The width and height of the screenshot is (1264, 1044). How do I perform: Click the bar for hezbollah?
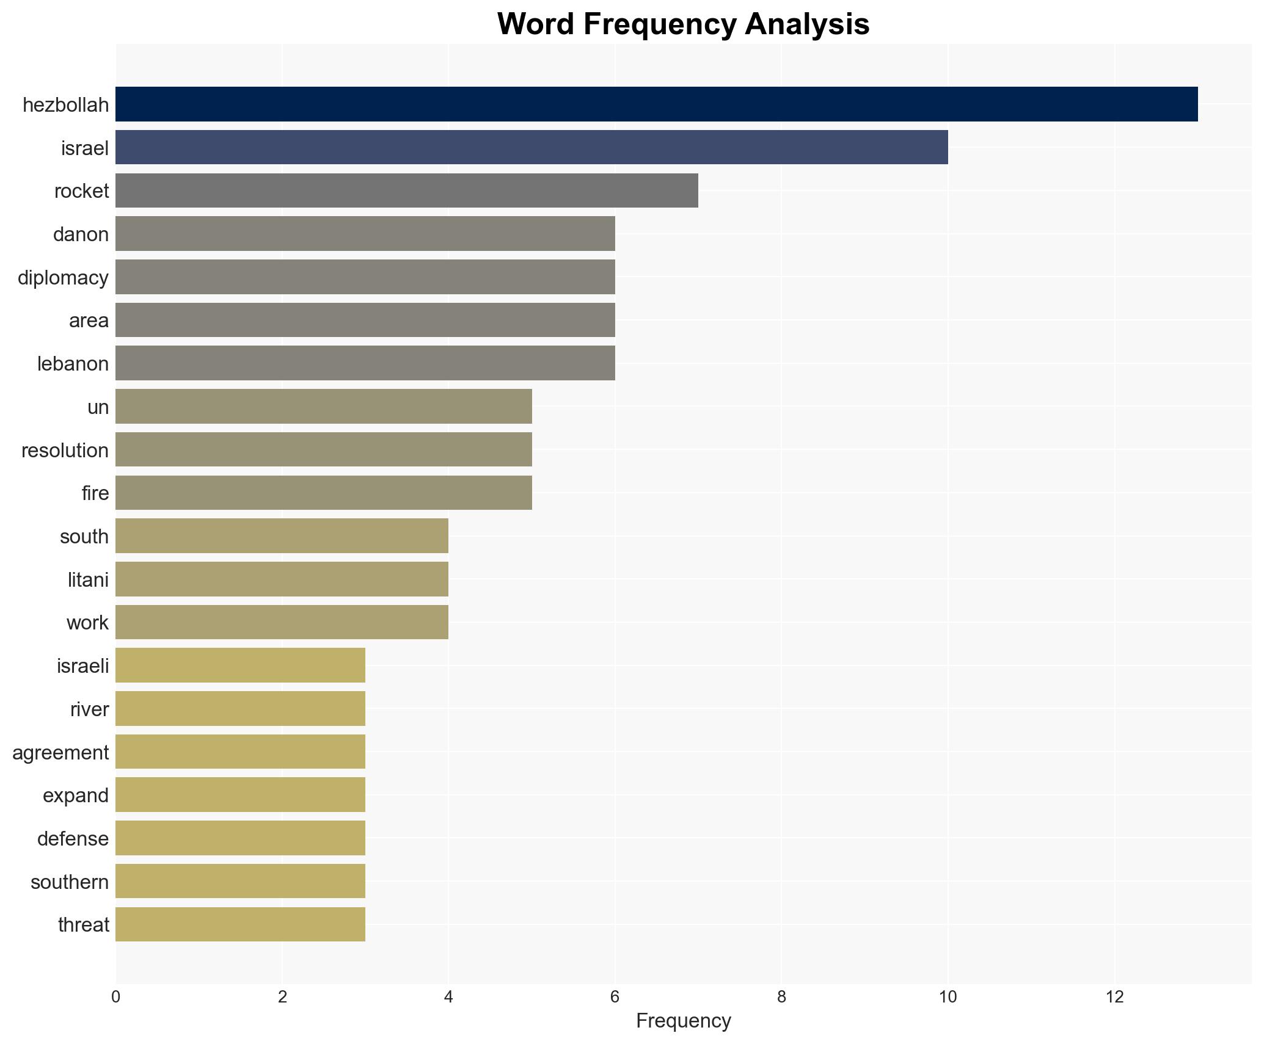coord(656,104)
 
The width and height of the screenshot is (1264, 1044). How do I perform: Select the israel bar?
coord(532,147)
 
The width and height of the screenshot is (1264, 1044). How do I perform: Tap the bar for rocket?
coord(406,190)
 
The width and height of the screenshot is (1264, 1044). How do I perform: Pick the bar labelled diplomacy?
coord(365,277)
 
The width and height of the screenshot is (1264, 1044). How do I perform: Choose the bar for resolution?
coord(323,450)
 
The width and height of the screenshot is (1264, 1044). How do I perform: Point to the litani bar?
coord(282,579)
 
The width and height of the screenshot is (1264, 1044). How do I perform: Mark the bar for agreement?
coord(240,752)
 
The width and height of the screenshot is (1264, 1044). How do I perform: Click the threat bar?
coord(240,925)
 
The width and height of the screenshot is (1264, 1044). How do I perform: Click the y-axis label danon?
coord(81,234)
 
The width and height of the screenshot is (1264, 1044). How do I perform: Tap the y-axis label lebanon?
coord(73,364)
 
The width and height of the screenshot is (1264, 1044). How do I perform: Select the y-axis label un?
coord(98,407)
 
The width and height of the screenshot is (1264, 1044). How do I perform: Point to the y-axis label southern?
coord(70,882)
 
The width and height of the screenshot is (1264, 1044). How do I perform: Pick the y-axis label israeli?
coord(82,666)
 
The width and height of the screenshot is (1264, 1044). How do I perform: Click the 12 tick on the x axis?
coord(1114,997)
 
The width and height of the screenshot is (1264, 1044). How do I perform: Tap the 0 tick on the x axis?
coord(115,997)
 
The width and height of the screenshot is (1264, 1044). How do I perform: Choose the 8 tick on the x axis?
coord(781,997)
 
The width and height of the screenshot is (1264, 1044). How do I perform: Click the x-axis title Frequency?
coord(683,1021)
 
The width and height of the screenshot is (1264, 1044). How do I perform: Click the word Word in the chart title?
coord(535,24)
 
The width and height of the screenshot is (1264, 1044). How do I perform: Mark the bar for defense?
coord(240,838)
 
